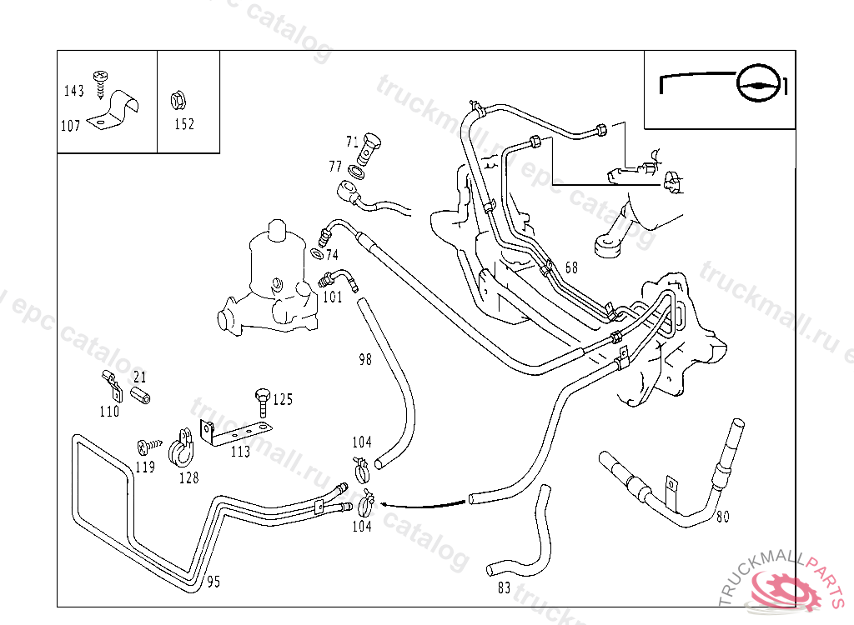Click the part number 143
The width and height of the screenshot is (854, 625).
(x=74, y=92)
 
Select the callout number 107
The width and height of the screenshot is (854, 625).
(x=71, y=126)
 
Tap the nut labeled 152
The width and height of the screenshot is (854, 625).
(x=176, y=102)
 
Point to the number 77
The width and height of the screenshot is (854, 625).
(x=335, y=167)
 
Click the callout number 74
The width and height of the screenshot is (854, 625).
(x=332, y=255)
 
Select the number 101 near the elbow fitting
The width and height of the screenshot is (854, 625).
(x=332, y=297)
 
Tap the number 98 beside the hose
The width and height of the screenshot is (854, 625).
(x=364, y=360)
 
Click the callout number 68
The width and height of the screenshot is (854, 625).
(x=571, y=268)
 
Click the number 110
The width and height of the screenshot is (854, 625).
(x=109, y=412)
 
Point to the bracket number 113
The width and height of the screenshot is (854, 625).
(x=240, y=452)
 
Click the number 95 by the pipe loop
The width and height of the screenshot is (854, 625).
(x=213, y=582)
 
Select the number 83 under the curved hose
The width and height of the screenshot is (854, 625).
(x=504, y=587)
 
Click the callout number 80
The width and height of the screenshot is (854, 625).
(x=722, y=517)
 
